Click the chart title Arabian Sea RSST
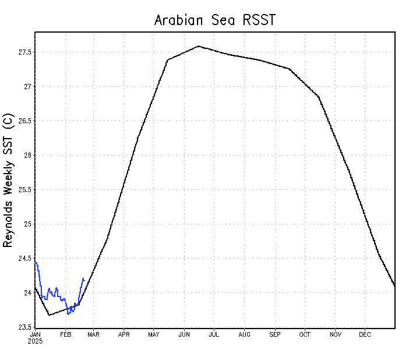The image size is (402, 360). point(214,20)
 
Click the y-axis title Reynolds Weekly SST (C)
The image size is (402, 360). point(8,180)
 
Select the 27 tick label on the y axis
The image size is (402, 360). point(27,87)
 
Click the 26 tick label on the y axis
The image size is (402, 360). point(27,156)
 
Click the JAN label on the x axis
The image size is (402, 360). point(35,334)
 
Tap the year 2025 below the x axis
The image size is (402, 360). point(36,341)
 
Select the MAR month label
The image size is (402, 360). point(94,334)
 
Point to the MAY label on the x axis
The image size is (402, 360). point(154,334)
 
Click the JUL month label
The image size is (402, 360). point(214,334)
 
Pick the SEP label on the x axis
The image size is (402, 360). point(275,334)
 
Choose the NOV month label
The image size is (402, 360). point(336,334)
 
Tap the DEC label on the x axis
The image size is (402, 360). point(365,334)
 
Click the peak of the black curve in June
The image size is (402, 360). point(199,46)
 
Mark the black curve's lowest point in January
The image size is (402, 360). point(49,315)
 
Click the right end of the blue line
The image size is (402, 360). point(84,280)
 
